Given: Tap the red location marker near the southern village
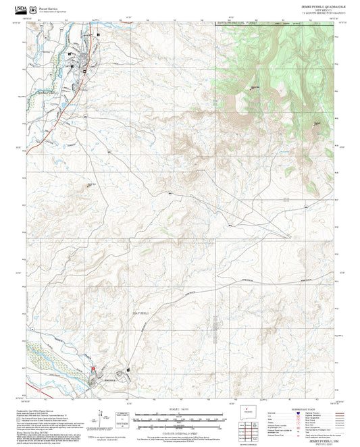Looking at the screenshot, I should point(93,368).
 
